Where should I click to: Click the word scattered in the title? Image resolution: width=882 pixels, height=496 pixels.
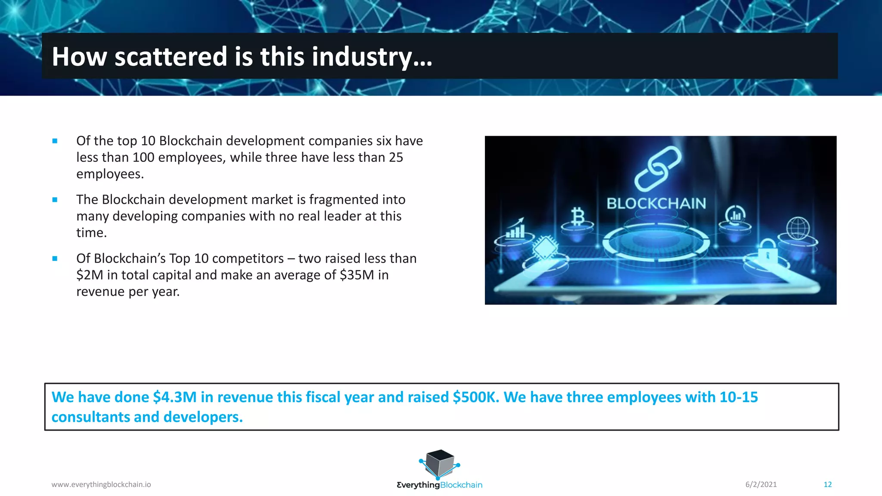[x=171, y=57]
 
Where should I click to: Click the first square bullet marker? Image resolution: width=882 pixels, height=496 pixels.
[x=55, y=141]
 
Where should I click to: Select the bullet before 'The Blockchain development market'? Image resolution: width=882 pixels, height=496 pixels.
[x=55, y=200]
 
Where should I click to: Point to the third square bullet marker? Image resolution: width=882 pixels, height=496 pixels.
[x=55, y=259]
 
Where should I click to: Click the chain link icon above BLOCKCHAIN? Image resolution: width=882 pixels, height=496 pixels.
[x=658, y=168]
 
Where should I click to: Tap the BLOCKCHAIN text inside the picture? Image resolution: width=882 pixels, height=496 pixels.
[x=656, y=204]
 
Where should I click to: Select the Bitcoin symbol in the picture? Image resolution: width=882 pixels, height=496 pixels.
[x=578, y=217]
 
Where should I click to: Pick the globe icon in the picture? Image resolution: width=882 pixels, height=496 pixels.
[x=798, y=228]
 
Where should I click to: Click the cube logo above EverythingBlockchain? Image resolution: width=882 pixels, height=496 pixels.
[x=439, y=464]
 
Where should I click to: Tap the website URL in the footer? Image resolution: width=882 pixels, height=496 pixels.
[x=101, y=485]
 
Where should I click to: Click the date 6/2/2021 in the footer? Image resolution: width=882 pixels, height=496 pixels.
[x=761, y=485]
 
